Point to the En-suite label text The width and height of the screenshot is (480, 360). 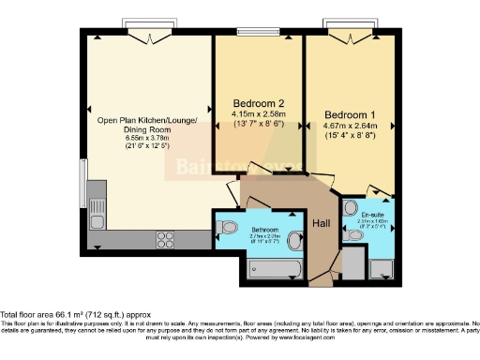(x=371, y=215)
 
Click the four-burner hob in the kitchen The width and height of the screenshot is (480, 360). (x=165, y=238)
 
